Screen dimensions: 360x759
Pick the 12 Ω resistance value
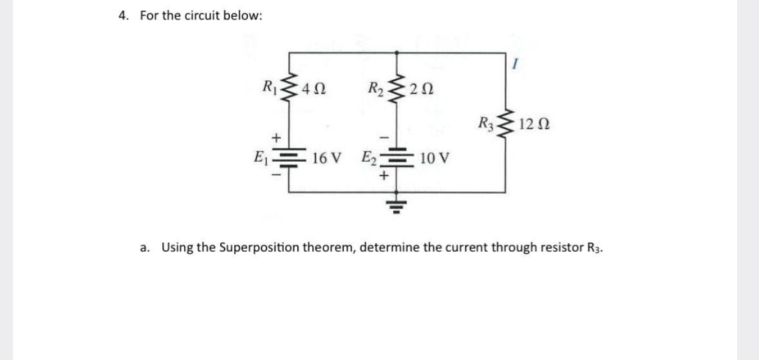pos(531,122)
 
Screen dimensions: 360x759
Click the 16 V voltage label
pos(326,157)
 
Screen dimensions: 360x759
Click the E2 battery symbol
pos(395,158)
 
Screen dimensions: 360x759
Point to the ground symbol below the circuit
pos(395,207)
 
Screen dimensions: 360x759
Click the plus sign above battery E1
pos(277,137)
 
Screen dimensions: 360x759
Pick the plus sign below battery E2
pos(384,176)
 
